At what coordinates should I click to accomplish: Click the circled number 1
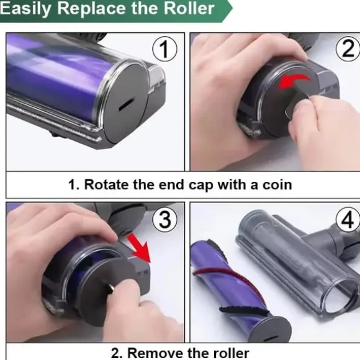tap(164, 49)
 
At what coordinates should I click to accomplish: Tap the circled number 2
tap(348, 48)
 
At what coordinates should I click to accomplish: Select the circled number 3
tap(165, 219)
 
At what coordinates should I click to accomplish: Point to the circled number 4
tap(348, 219)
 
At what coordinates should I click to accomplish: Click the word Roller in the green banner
tap(189, 9)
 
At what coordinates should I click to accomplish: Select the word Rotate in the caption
tap(107, 184)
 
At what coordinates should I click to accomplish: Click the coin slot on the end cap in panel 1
tap(127, 104)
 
